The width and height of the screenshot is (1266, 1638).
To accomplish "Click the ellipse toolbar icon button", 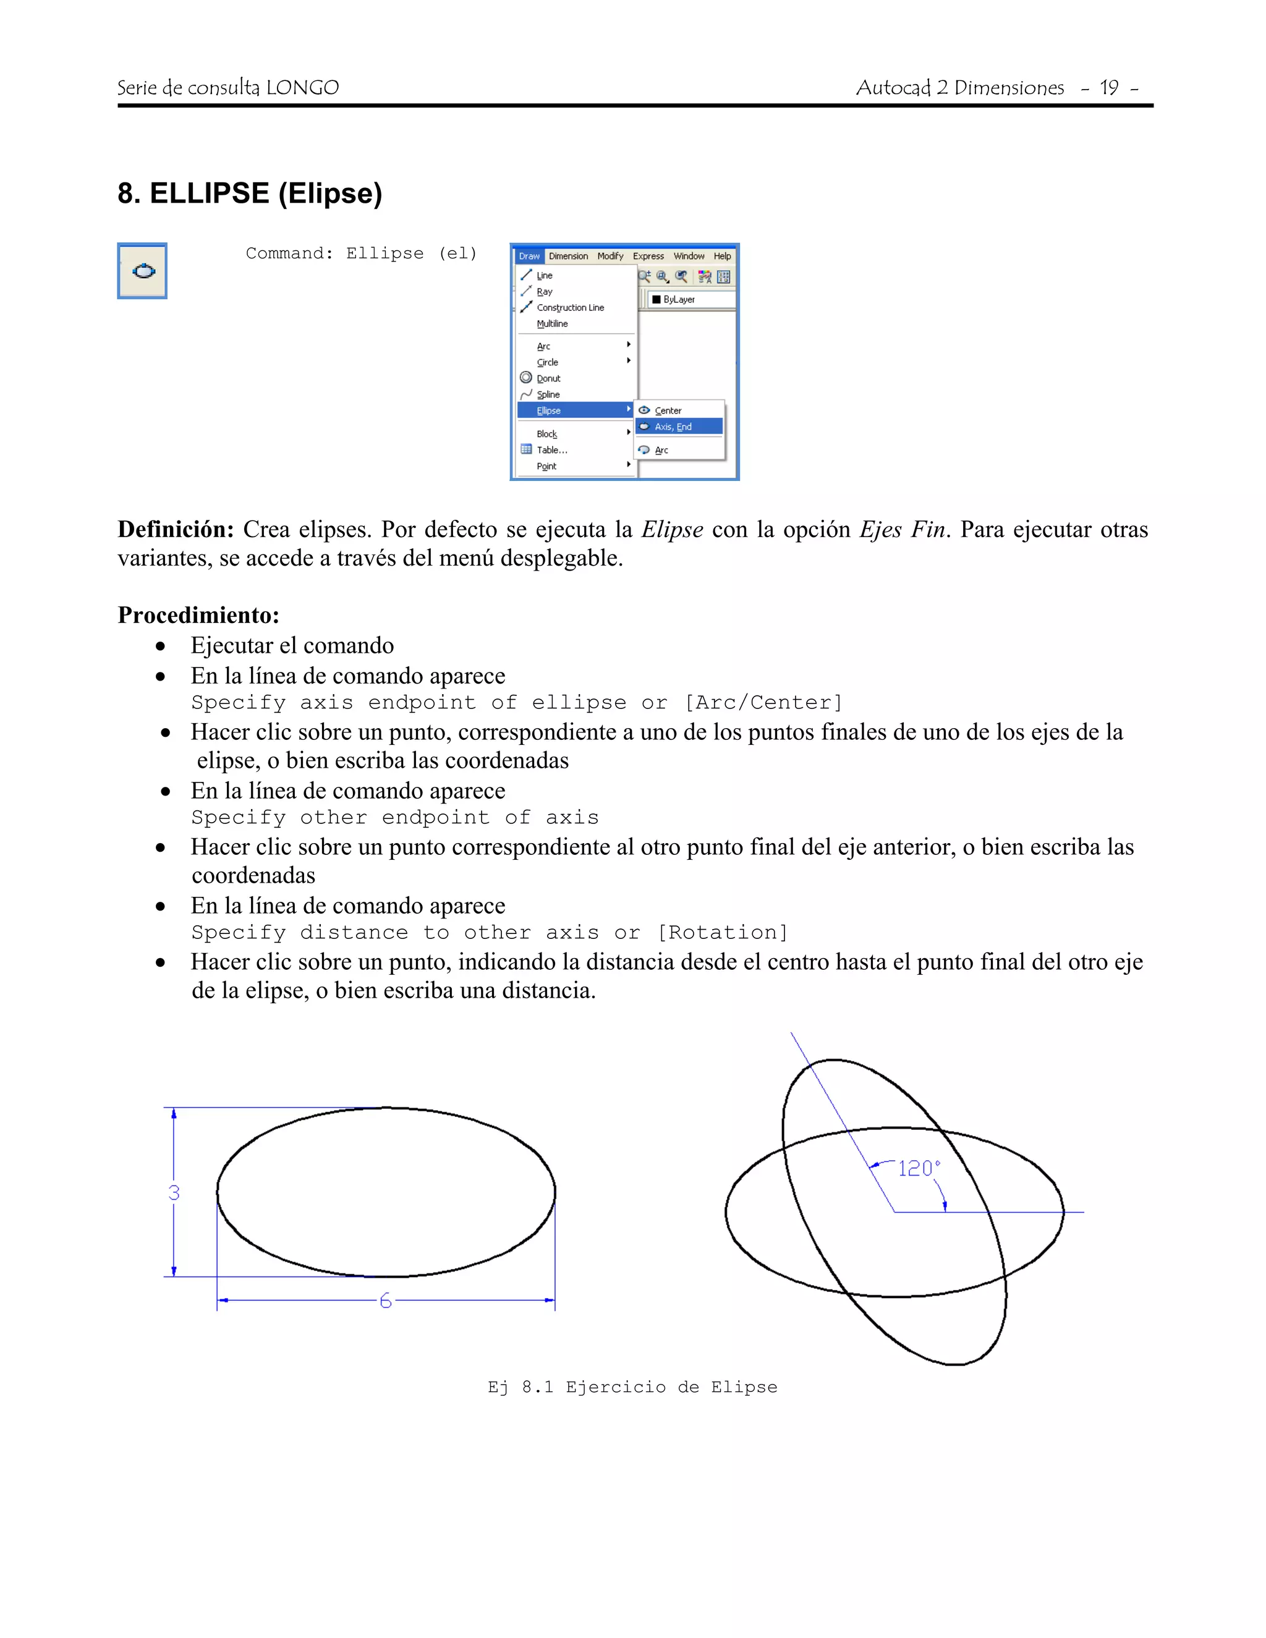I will click(143, 271).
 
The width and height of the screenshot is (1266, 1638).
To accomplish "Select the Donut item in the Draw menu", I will click(548, 378).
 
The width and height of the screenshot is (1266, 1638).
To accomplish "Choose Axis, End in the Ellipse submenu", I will click(673, 426).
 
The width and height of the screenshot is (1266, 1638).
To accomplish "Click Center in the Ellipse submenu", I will click(668, 410).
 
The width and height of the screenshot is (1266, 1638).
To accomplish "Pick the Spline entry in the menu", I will click(548, 394).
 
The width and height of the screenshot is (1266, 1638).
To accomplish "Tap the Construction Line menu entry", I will click(570, 307).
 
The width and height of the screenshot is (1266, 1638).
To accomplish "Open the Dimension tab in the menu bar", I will click(567, 256).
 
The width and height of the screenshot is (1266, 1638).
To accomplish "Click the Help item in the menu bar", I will click(721, 256).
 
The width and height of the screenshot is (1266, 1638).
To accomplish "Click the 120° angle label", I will click(918, 1168).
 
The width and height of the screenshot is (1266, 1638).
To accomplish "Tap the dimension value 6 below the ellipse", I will click(386, 1301).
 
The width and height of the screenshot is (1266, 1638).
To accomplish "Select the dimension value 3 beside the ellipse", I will click(174, 1192).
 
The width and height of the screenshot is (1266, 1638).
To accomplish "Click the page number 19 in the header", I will click(1108, 88).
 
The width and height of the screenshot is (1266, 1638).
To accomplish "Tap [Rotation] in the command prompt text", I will click(722, 932).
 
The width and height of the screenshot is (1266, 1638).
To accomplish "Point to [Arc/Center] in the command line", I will click(763, 703).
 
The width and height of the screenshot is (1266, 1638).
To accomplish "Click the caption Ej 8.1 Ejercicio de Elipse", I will click(632, 1387).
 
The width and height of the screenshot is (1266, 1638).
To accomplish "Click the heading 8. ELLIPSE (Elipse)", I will click(250, 193).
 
